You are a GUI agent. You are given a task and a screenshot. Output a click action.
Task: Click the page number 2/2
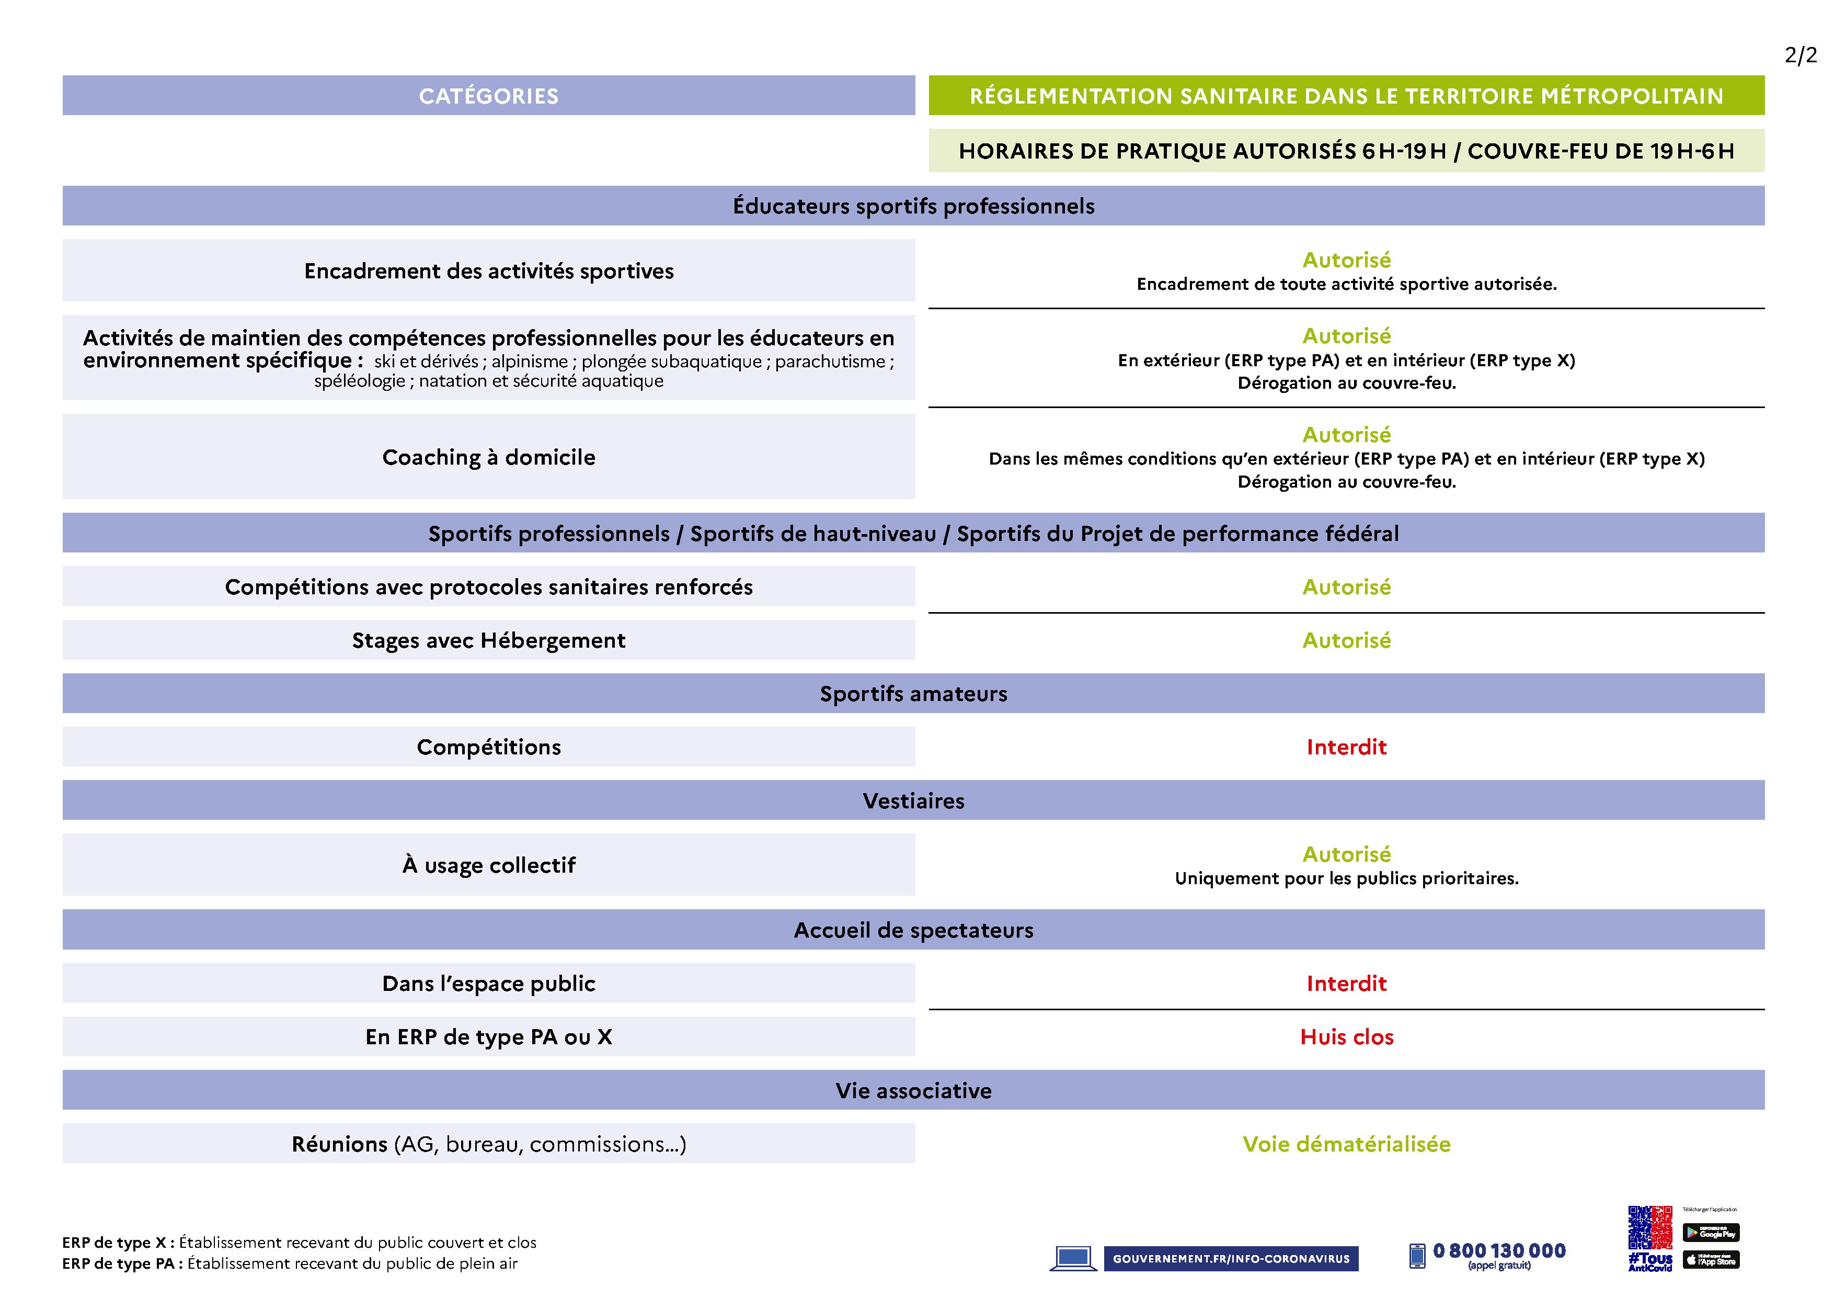click(x=1801, y=55)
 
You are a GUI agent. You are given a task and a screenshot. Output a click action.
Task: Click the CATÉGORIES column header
click(x=488, y=96)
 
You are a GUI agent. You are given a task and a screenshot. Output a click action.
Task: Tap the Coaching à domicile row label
click(x=488, y=457)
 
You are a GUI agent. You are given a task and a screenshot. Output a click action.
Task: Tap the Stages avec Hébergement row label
click(x=488, y=640)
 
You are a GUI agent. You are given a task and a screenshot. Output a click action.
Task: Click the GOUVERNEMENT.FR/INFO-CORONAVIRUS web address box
click(x=1230, y=1259)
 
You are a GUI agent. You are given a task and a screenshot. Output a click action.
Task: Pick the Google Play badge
click(x=1711, y=1233)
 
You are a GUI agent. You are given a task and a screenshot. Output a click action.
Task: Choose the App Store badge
click(x=1711, y=1260)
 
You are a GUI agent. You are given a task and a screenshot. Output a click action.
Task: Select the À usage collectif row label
click(x=488, y=865)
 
